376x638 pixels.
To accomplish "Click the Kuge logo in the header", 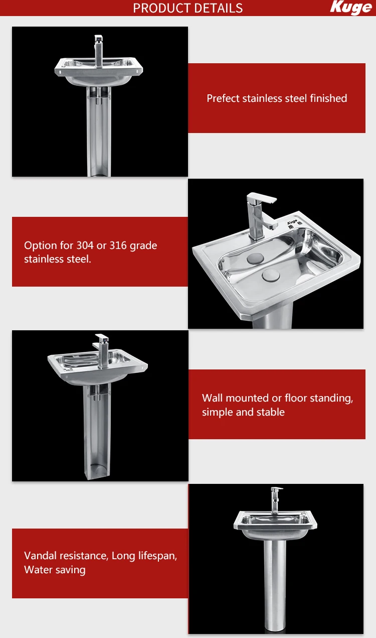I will (x=351, y=8).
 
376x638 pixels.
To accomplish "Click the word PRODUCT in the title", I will (x=160, y=8).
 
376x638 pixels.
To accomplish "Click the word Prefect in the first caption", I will (x=223, y=98).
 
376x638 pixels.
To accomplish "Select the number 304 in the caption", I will (x=85, y=246).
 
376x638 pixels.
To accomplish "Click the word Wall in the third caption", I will (x=212, y=398).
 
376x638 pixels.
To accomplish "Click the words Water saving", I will (x=55, y=570).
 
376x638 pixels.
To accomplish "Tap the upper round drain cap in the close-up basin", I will (x=256, y=259).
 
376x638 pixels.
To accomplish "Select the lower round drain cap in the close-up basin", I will (x=271, y=275).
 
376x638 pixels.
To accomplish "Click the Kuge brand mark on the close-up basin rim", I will (x=293, y=223).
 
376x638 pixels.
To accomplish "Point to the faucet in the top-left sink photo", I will (x=99, y=50).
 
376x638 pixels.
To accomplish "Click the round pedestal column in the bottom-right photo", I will (x=275, y=582).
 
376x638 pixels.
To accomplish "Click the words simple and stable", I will (x=243, y=412).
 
